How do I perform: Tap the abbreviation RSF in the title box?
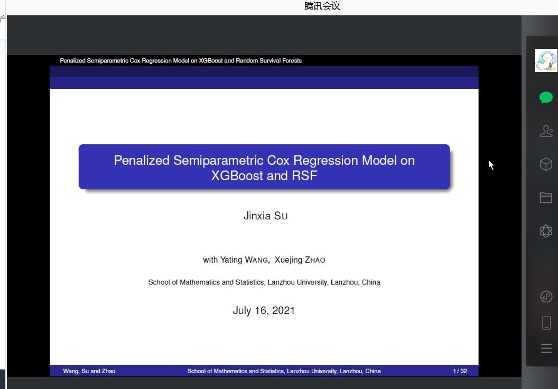click(x=304, y=176)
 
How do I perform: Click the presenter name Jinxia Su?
click(x=265, y=216)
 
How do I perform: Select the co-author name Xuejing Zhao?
click(x=300, y=260)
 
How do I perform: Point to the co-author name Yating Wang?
click(x=244, y=260)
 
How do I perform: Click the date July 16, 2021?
click(x=264, y=310)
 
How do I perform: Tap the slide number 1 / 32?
click(x=460, y=371)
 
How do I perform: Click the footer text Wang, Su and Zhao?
click(x=89, y=371)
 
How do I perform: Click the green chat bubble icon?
click(x=546, y=98)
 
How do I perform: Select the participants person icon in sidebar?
click(x=546, y=131)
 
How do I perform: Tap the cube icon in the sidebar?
click(x=546, y=164)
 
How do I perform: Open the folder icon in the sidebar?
click(x=545, y=198)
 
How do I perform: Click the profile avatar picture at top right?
click(x=546, y=60)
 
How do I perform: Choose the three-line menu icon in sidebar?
click(x=546, y=348)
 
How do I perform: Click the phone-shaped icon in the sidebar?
click(x=546, y=323)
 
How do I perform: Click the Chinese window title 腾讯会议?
click(x=322, y=6)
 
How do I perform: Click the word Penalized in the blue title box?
click(x=142, y=161)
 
